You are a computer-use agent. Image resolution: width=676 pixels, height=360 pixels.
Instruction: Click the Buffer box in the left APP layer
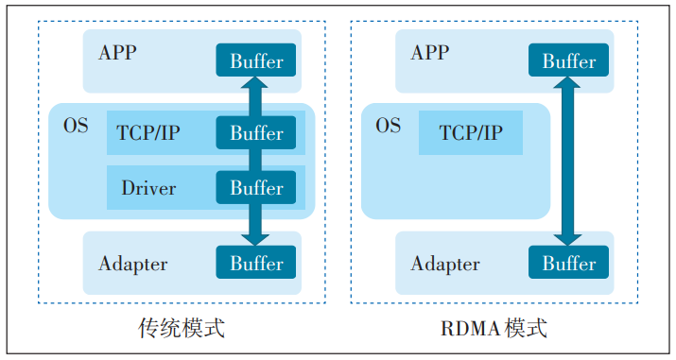coord(256,61)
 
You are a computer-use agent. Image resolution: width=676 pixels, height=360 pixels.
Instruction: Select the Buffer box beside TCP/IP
coord(256,133)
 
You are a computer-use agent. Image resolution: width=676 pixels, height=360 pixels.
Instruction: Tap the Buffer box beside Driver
coord(256,187)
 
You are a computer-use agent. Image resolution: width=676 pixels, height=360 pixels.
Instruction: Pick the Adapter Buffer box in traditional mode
coord(256,263)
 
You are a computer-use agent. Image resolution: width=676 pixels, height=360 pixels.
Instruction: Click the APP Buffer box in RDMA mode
coord(568,61)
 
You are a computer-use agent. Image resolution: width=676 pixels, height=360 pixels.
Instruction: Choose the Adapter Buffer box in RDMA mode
coord(568,263)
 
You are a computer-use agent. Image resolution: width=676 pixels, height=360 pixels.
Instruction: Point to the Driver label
coord(148,188)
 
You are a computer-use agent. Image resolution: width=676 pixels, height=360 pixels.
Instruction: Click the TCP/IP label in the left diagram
coord(148,133)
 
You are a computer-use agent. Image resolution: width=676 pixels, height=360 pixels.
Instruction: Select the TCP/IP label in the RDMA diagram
coord(471,133)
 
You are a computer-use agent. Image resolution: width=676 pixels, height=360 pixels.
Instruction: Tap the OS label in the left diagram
coord(76,125)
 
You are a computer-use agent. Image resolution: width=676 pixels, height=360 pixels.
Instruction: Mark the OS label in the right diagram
coord(388,125)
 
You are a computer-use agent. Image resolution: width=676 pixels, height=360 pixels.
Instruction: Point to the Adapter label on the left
coord(133,264)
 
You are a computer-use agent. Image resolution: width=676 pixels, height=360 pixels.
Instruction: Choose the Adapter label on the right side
coord(445,264)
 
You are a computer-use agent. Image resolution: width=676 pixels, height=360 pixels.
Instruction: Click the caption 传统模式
coord(182,329)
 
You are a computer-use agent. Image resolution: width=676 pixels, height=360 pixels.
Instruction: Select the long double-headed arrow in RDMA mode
coord(567,161)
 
